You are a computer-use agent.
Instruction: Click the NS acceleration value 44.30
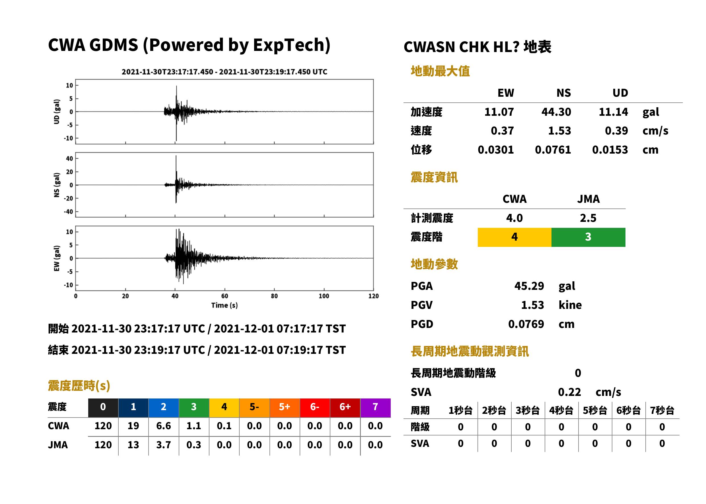[x=556, y=112]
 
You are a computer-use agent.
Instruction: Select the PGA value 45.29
[x=529, y=286]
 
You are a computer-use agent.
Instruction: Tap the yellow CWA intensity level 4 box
[x=514, y=237]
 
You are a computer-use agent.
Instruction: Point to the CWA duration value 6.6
[x=164, y=426]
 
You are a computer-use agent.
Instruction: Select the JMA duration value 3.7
[x=164, y=445]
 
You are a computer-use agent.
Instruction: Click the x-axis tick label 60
[x=225, y=296]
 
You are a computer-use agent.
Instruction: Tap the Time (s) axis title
[x=225, y=305]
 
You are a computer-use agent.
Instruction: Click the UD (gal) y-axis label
[x=57, y=112]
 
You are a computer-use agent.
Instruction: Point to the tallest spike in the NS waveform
[x=176, y=156]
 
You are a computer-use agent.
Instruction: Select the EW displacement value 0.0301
[x=495, y=150]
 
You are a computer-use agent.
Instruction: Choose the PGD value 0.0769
[x=526, y=324]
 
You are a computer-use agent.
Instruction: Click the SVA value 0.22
[x=569, y=392]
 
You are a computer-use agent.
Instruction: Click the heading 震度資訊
[x=434, y=177]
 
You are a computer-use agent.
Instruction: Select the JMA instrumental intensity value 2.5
[x=588, y=218]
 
